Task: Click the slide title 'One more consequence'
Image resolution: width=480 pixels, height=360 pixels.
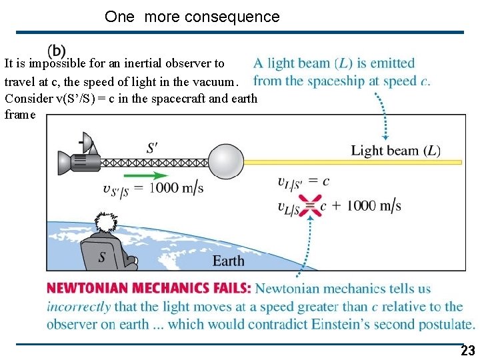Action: click(x=192, y=17)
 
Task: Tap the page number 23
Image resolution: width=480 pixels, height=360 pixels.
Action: click(x=468, y=351)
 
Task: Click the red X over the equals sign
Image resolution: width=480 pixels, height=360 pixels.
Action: click(x=310, y=205)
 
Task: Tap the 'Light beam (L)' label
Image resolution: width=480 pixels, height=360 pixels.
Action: click(x=395, y=151)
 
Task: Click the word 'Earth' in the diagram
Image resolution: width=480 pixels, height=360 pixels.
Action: click(x=228, y=261)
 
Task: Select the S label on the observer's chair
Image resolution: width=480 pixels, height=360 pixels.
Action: click(x=102, y=256)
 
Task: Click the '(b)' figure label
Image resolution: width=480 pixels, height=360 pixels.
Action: click(x=57, y=51)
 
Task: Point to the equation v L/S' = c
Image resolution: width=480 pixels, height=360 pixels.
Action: click(x=303, y=181)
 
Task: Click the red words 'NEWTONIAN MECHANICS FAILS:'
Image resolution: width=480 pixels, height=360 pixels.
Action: click(x=149, y=289)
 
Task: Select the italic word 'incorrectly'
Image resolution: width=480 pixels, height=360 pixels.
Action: click(x=78, y=307)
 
